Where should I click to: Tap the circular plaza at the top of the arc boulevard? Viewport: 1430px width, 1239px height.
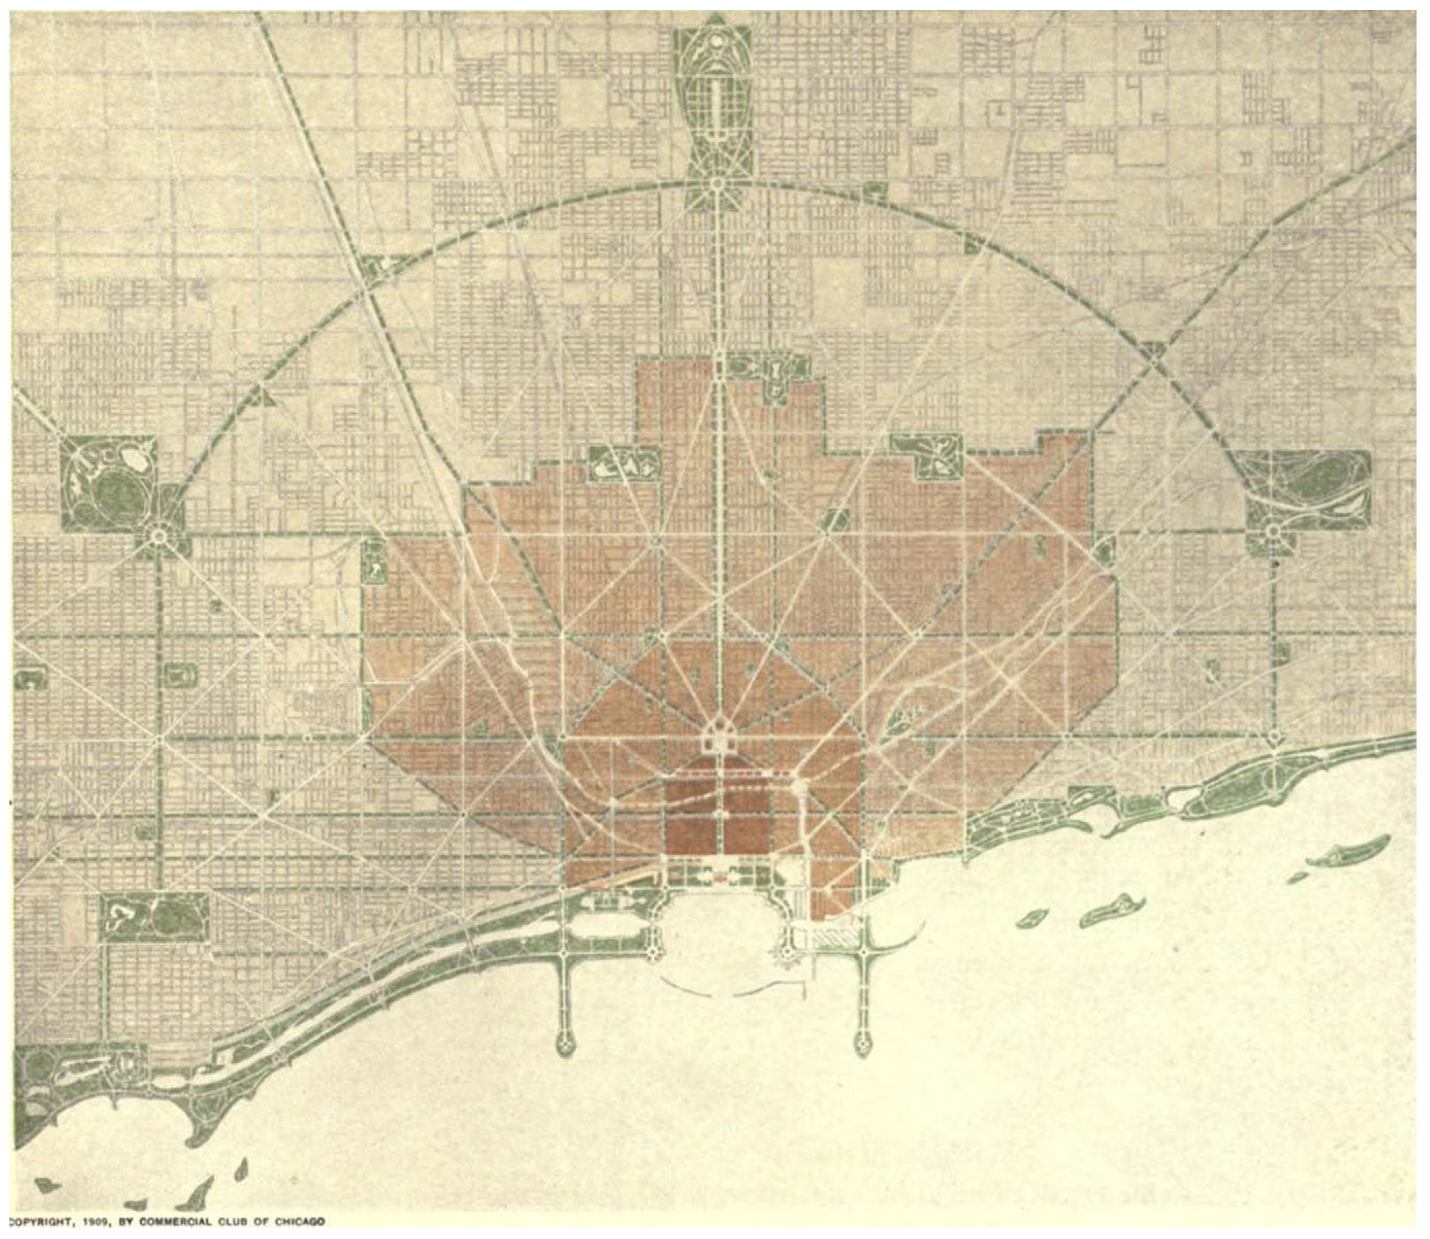(x=717, y=183)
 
